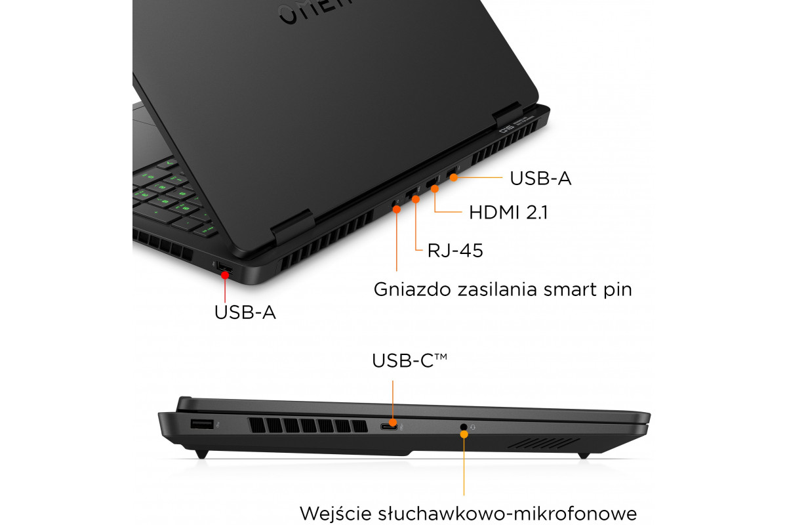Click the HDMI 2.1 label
508,213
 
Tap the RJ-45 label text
455,251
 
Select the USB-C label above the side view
409,360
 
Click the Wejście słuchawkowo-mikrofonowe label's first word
336,513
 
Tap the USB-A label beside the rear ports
540,178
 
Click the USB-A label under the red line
245,312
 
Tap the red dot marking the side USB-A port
225,275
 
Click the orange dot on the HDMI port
435,189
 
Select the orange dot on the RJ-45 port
416,199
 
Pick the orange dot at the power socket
397,209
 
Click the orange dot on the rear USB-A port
454,178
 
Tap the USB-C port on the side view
388,427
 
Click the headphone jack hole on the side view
464,427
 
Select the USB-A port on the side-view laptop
202,424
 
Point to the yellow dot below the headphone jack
464,434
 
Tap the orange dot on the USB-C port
393,423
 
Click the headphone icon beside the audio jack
473,427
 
